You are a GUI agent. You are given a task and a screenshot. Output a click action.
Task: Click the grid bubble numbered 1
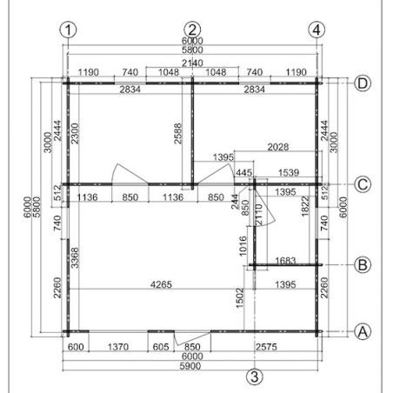[x=68, y=30]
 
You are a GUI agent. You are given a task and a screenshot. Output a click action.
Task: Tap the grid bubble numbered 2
[x=192, y=30]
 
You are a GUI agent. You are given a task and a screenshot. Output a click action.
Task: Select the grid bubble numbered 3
[x=255, y=376]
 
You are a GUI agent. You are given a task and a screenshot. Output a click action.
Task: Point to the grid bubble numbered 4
[x=316, y=30]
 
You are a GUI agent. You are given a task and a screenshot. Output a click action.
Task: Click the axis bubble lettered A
[x=363, y=331]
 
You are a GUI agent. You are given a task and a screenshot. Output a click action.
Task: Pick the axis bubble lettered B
[x=363, y=264]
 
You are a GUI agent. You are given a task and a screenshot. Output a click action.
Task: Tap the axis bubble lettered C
[x=363, y=184]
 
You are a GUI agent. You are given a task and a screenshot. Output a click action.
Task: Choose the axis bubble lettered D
[x=363, y=83]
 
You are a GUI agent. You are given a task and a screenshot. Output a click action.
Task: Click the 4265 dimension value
[x=161, y=284]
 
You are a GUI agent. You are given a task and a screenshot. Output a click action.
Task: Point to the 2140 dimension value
[x=192, y=63]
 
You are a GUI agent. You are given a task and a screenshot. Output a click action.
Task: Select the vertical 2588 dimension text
[x=177, y=134]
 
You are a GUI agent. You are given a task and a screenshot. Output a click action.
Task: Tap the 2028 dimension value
[x=278, y=147]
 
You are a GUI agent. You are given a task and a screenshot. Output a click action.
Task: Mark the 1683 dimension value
[x=285, y=261]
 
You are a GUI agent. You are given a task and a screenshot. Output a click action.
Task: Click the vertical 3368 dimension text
[x=75, y=257]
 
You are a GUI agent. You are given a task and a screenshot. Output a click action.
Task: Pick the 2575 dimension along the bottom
[x=266, y=347]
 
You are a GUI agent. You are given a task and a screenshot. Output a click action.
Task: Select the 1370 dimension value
[x=118, y=347]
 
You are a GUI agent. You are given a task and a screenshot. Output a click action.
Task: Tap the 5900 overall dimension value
[x=190, y=366]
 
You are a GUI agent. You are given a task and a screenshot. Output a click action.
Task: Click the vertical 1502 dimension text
[x=240, y=298]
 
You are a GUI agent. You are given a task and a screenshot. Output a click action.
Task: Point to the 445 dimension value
[x=244, y=172]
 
